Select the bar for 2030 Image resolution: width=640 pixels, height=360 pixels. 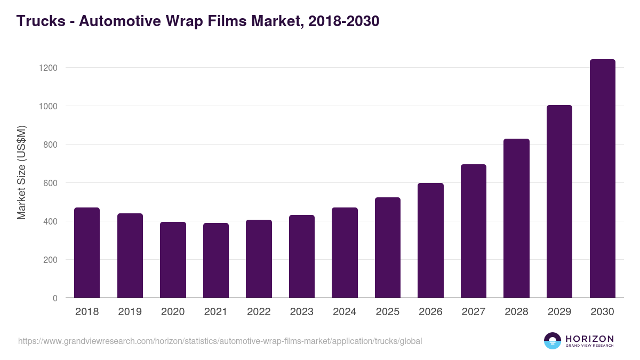point(602,179)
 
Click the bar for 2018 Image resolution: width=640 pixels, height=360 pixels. point(87,253)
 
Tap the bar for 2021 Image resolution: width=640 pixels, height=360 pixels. point(215,260)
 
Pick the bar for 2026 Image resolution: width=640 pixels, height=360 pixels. point(430,241)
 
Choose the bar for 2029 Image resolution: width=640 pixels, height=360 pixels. point(559,202)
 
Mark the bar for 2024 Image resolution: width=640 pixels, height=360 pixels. point(345,253)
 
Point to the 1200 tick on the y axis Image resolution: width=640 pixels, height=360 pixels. point(47,68)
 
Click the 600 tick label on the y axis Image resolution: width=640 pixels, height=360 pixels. point(50,183)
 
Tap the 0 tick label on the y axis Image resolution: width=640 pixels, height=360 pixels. point(54,298)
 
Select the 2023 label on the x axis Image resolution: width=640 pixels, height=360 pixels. point(301,312)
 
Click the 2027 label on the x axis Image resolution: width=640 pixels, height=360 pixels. point(473,312)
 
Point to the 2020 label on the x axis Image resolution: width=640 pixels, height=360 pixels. point(173,312)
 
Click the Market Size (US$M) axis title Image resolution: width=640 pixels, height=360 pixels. point(21,173)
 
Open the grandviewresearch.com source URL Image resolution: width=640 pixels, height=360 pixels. point(220,341)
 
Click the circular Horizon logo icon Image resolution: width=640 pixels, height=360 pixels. point(553,341)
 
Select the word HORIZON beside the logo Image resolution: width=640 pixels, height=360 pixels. point(589,339)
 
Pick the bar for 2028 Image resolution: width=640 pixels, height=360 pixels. point(516,218)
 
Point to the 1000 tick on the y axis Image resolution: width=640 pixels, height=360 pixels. point(47,106)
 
